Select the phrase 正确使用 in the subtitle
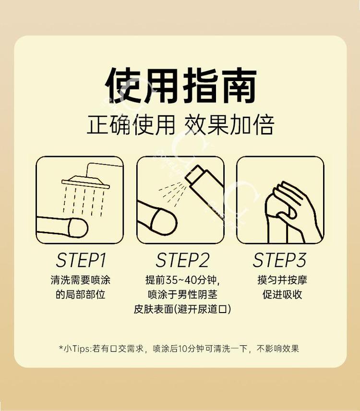click(x=131, y=125)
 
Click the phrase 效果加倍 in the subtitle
click(x=229, y=125)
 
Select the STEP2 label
click(x=182, y=260)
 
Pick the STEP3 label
click(x=279, y=260)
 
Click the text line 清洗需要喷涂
click(x=80, y=280)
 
